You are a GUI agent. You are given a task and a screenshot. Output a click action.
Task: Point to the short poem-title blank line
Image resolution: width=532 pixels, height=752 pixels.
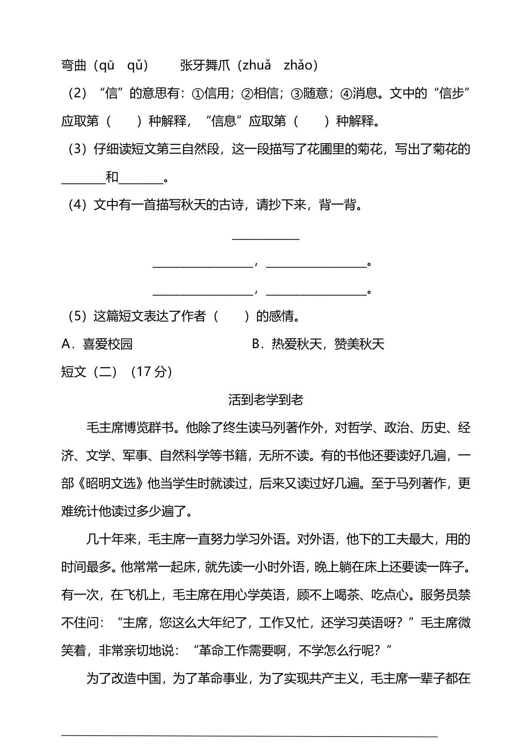click(x=265, y=237)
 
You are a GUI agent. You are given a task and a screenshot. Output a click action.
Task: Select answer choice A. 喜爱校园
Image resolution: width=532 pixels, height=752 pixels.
click(x=97, y=344)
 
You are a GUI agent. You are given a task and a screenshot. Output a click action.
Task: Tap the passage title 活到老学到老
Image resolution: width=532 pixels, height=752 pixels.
click(x=266, y=400)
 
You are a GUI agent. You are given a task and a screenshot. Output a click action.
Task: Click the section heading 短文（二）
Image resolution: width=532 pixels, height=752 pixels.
click(x=89, y=372)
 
